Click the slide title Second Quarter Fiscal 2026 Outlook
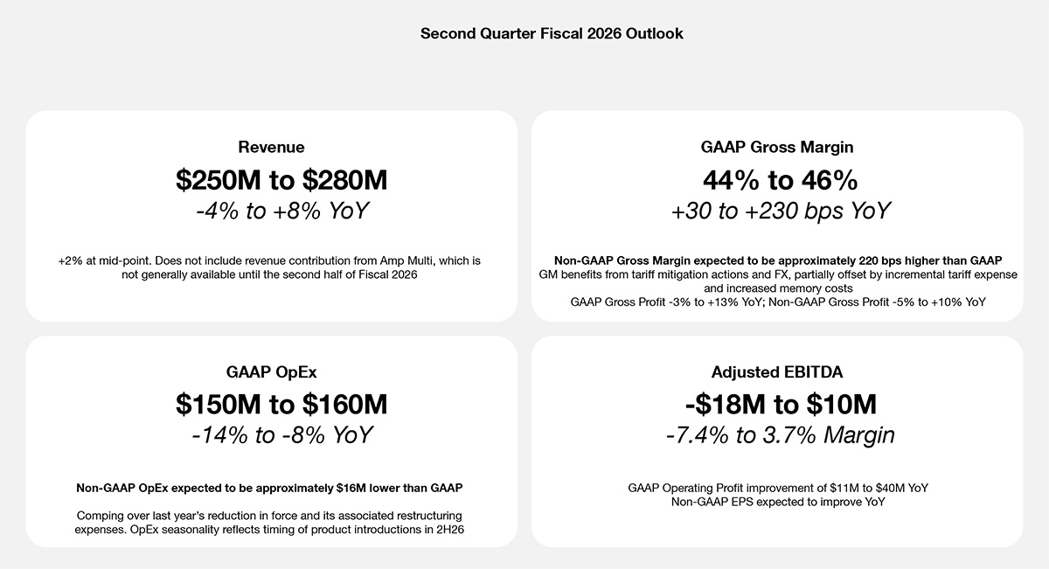pyautogui.click(x=552, y=34)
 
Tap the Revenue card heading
pyautogui.click(x=271, y=147)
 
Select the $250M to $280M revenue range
pyautogui.click(x=281, y=180)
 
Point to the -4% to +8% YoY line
pyautogui.click(x=281, y=212)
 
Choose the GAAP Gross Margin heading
pyautogui.click(x=777, y=147)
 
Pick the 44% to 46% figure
pyautogui.click(x=780, y=180)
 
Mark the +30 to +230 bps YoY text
pyautogui.click(x=780, y=212)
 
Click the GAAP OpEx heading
pyautogui.click(x=265, y=371)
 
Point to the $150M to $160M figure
pyautogui.click(x=281, y=405)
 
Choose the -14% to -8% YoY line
pyautogui.click(x=281, y=435)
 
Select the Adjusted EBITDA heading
pyautogui.click(x=778, y=371)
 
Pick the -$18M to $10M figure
pyautogui.click(x=780, y=405)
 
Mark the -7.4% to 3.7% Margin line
pyautogui.click(x=780, y=435)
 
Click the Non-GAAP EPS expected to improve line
pyautogui.click(x=778, y=502)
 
